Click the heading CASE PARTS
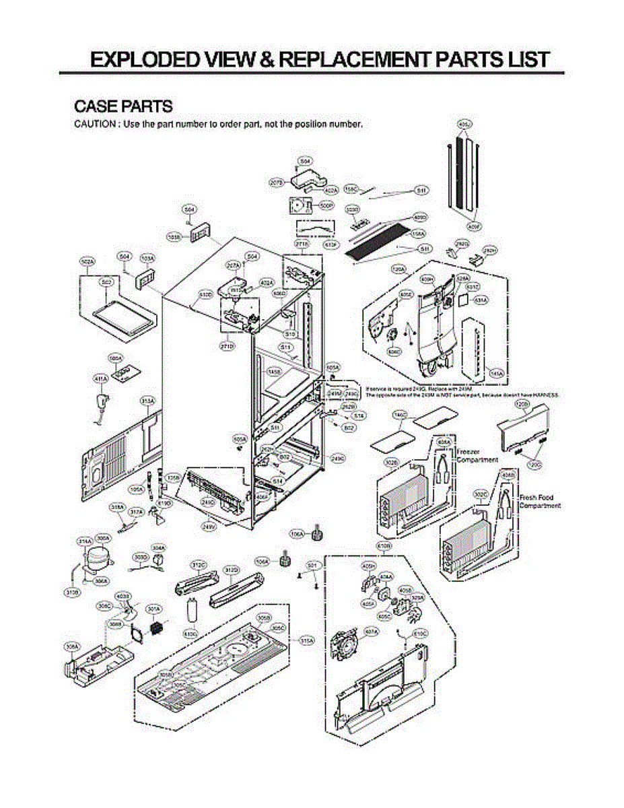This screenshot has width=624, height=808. pos(123,106)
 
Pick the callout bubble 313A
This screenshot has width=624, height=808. pos(147,401)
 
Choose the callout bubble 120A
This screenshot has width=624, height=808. pos(398,269)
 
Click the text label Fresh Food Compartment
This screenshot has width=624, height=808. pos(539,502)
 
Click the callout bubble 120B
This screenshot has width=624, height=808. pos(522,403)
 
